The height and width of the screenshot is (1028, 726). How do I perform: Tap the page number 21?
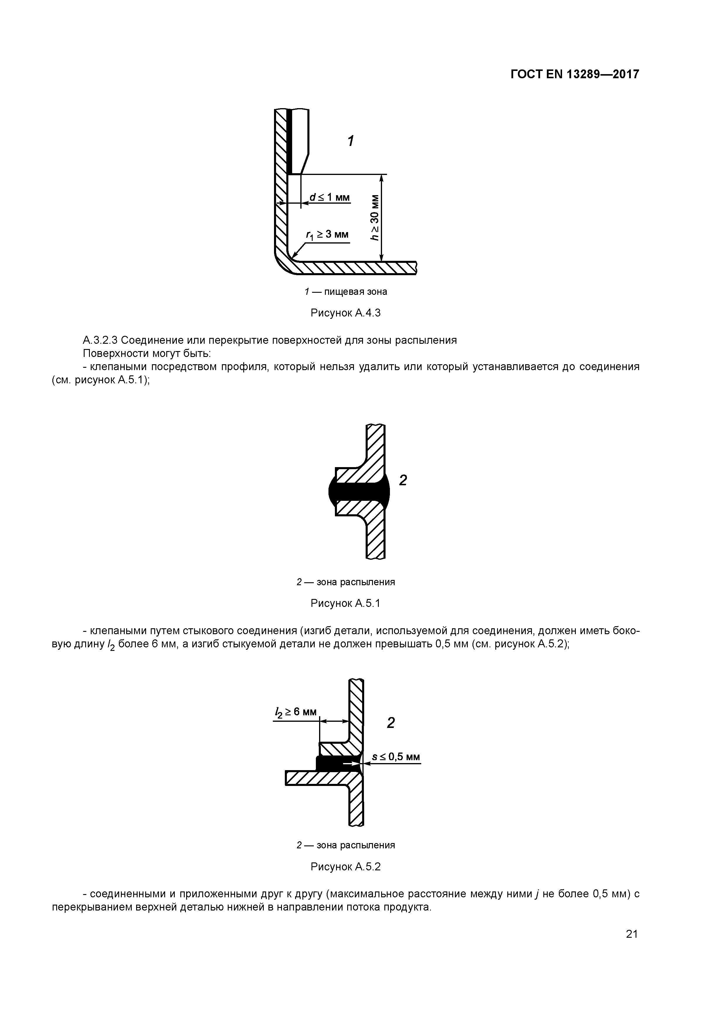coord(632,934)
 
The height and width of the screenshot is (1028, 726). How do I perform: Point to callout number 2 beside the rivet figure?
coord(403,480)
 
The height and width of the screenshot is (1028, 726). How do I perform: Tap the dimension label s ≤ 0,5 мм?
coord(396,757)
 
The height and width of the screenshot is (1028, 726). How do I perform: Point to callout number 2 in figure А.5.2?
coord(391,722)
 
